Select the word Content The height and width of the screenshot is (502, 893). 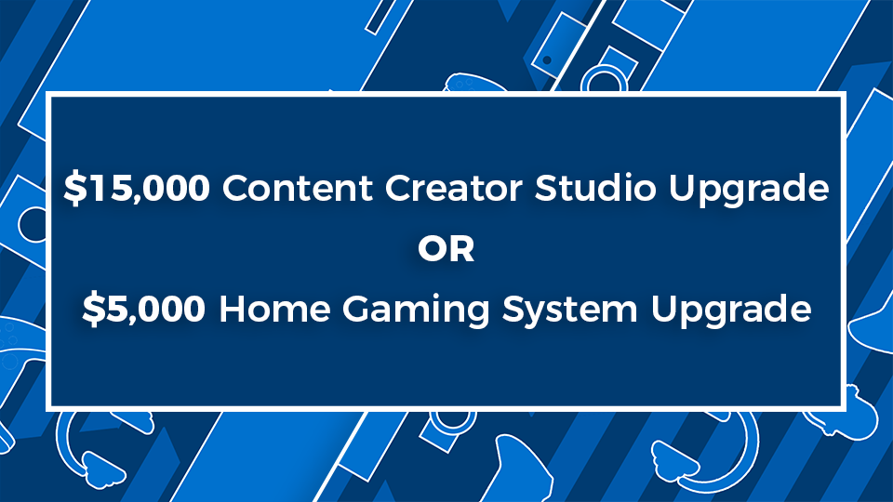click(298, 188)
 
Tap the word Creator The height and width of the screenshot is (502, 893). click(453, 188)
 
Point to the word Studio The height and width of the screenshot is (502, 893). click(595, 187)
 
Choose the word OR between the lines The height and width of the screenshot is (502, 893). click(446, 248)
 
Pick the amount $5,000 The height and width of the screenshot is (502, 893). click(143, 309)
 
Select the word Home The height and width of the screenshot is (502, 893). click(274, 309)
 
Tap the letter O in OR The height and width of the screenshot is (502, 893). click(432, 248)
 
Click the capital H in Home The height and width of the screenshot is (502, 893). click(233, 309)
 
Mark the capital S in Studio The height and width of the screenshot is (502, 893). click(546, 188)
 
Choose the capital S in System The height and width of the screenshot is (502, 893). click(513, 309)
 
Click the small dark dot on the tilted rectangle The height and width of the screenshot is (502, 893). click(547, 59)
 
